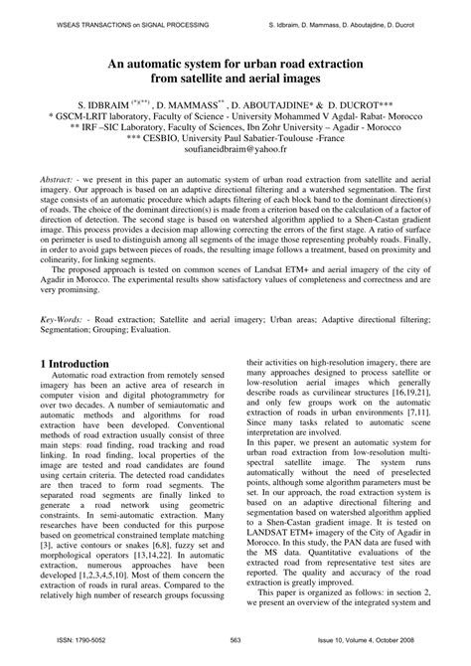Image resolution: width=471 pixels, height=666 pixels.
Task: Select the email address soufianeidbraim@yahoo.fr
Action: (235, 155)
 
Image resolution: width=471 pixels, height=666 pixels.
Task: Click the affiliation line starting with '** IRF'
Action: (235, 130)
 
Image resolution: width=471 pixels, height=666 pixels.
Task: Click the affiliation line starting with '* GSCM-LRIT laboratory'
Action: (235, 116)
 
